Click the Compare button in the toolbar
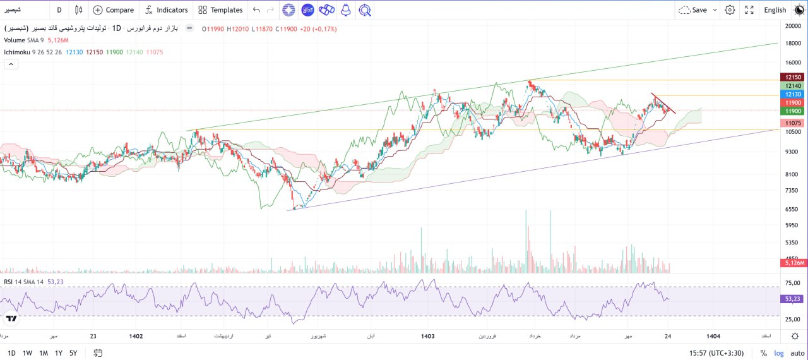114,10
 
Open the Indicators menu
166,10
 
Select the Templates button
220,10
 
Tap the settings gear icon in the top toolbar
730,10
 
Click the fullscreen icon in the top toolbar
749,10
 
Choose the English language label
775,10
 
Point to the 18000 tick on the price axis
793,43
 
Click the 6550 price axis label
793,209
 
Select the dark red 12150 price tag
792,77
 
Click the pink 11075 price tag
792,123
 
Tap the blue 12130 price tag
792,94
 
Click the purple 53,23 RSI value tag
792,299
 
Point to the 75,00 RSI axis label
793,284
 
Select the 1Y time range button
59,353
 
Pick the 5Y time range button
74,353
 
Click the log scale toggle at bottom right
779,353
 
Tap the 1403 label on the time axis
427,337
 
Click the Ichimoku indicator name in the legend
17,52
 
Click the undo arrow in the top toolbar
256,10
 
